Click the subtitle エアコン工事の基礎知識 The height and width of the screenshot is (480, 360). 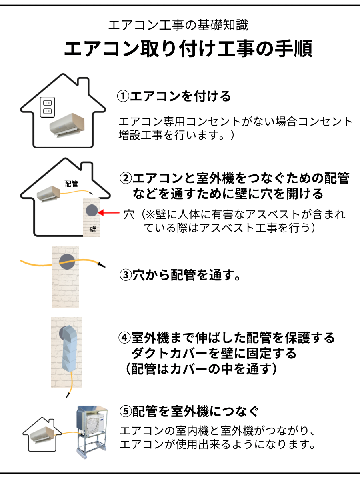pos(178,25)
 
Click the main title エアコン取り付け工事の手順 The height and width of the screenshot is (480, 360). pos(188,48)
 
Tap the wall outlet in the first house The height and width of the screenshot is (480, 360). pos(48,107)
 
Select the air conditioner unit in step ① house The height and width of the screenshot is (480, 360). pos(67,126)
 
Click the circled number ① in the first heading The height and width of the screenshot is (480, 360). pos(123,96)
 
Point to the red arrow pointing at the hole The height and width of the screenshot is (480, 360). pos(109,212)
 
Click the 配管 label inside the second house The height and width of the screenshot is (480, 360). pos(71,184)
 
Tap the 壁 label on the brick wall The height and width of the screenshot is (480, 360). pos(93,229)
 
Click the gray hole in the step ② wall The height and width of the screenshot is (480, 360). pos(92,210)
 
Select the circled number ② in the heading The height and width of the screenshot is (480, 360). pos(126,178)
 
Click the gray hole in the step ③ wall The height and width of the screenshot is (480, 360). pos(67,262)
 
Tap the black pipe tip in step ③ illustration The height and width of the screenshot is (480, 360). pos(102,265)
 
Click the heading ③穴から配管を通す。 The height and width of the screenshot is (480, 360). pos(180,275)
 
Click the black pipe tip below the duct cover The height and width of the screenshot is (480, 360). pos(68,395)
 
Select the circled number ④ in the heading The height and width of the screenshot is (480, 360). pos(124,338)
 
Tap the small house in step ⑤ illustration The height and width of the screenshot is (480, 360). pos(42,434)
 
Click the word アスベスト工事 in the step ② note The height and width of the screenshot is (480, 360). pos(238,228)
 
